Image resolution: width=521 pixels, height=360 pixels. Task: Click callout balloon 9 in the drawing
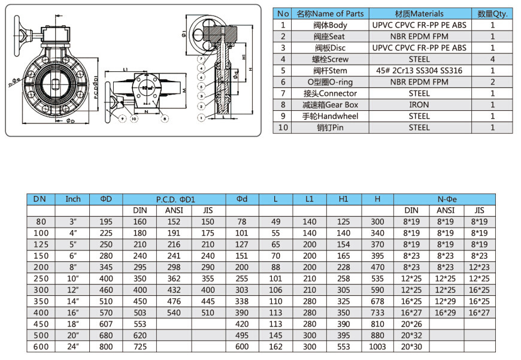[x=122, y=119]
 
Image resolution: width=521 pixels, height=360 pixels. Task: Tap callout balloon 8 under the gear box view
[x=165, y=119]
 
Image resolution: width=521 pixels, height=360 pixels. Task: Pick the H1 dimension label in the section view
[x=243, y=56]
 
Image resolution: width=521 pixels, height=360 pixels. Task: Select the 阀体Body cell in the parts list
[x=330, y=25]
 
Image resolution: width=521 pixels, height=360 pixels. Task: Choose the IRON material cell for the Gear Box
[x=419, y=105]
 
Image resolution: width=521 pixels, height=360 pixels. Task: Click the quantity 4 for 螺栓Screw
[x=493, y=59]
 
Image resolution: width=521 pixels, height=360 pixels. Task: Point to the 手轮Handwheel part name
[x=330, y=116]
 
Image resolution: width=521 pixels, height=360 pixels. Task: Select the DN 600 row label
[x=40, y=347]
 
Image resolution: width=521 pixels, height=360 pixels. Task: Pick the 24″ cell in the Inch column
[x=72, y=347]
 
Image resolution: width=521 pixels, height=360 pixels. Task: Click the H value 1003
[x=377, y=347]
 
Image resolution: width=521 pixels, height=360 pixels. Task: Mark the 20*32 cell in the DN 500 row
[x=411, y=335]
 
